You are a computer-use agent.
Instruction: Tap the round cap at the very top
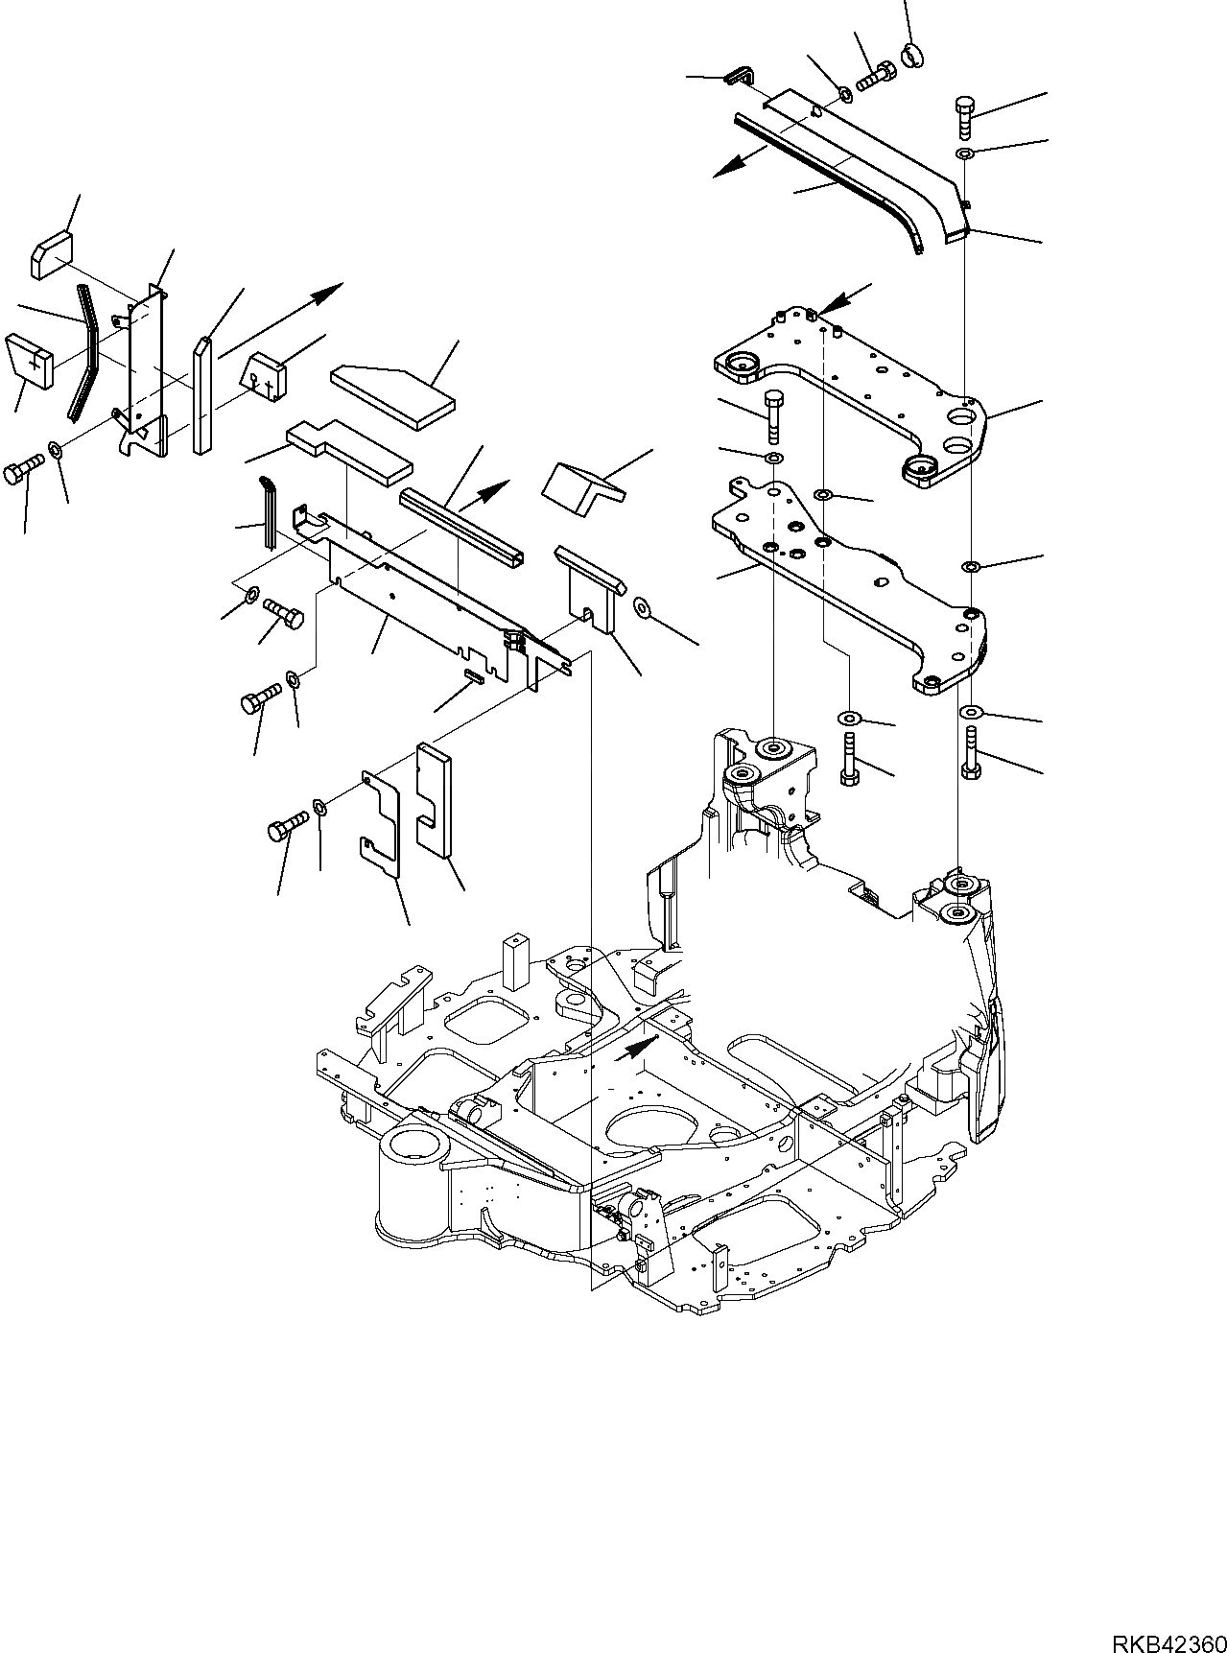(x=912, y=57)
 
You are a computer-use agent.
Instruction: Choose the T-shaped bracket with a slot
(x=590, y=586)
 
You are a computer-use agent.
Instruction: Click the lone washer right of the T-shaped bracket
(x=642, y=608)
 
